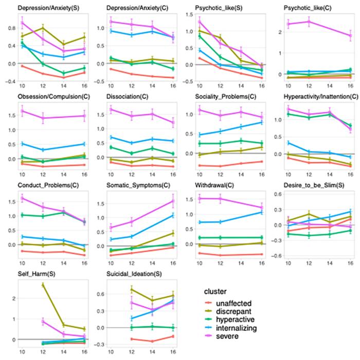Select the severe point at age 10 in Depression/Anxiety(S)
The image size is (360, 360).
[22, 22]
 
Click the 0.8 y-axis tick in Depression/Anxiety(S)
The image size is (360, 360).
[11, 27]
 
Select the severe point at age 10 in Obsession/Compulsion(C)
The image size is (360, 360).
[22, 111]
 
